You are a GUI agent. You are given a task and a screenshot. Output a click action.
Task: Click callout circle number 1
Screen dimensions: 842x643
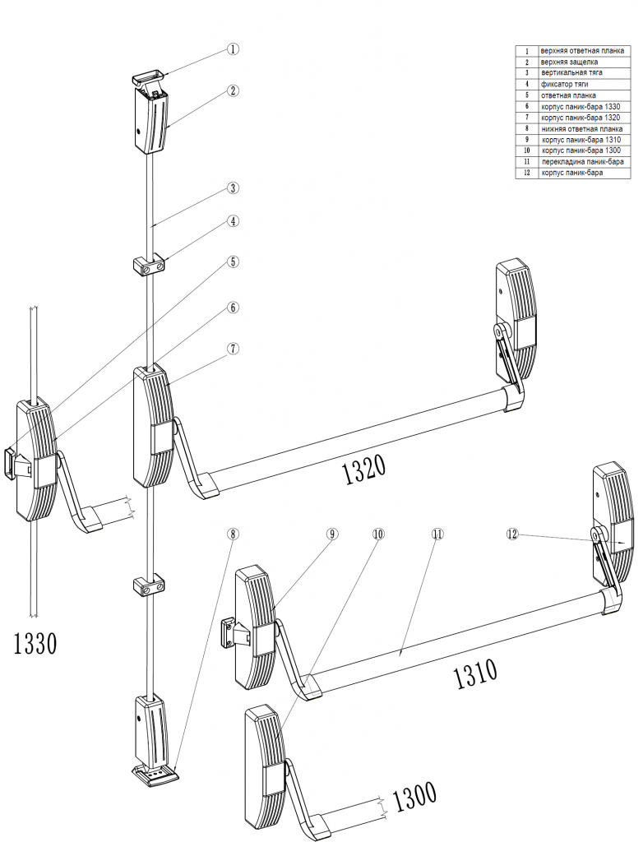tap(234, 49)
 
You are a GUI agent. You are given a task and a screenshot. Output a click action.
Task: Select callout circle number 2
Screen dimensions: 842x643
tap(234, 91)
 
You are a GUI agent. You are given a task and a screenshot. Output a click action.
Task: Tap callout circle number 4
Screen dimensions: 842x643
tap(234, 221)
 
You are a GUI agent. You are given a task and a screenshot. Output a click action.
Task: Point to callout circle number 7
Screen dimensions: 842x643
tap(234, 348)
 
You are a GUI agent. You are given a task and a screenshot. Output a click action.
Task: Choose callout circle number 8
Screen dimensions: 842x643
tap(234, 533)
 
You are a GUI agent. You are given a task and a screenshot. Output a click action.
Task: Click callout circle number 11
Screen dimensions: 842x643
tap(437, 534)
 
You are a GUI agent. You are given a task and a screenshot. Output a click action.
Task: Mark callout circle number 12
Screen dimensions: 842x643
tap(512, 534)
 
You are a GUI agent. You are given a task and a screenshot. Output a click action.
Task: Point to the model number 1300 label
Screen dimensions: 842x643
tap(414, 796)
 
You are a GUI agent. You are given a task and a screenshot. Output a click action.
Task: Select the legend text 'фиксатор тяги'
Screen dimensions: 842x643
tap(564, 84)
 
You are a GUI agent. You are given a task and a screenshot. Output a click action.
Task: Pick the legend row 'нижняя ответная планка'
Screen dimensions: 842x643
tap(581, 129)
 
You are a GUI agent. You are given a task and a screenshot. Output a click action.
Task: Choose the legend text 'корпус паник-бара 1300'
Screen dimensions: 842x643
tap(581, 151)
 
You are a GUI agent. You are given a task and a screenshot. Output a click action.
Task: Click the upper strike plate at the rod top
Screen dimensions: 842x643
tap(148, 77)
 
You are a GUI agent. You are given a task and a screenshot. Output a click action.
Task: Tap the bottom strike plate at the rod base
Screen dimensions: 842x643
tap(156, 775)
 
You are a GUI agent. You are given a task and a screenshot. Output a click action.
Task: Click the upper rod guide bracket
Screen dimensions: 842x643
tap(149, 267)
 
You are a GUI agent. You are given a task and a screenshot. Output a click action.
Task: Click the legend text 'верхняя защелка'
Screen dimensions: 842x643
tap(569, 62)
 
